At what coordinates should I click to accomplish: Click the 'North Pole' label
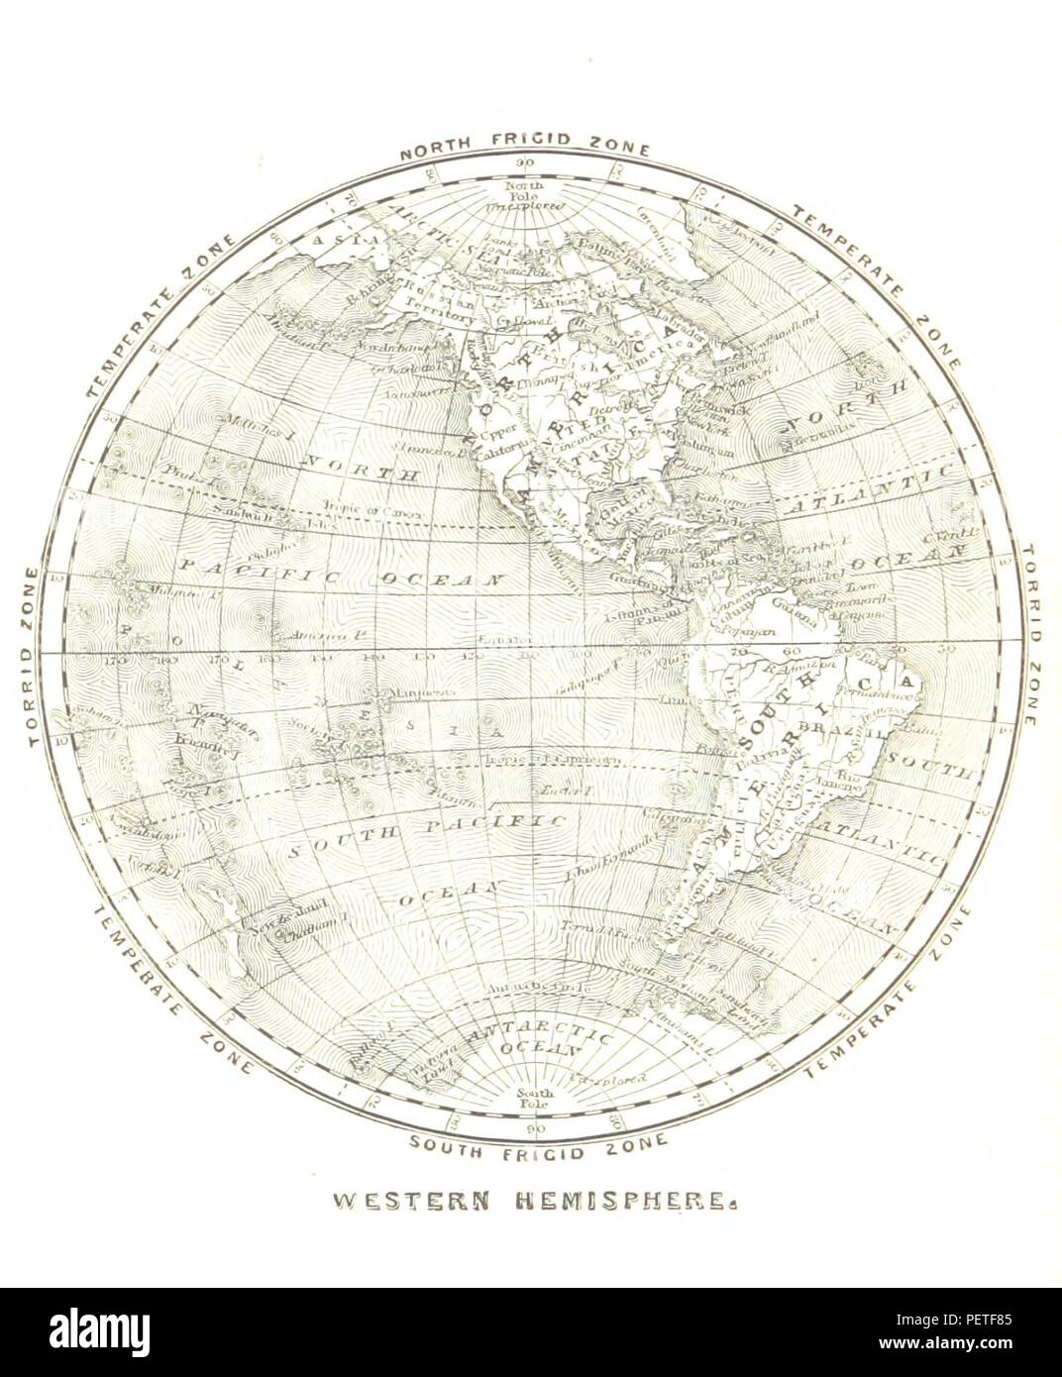[519, 191]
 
